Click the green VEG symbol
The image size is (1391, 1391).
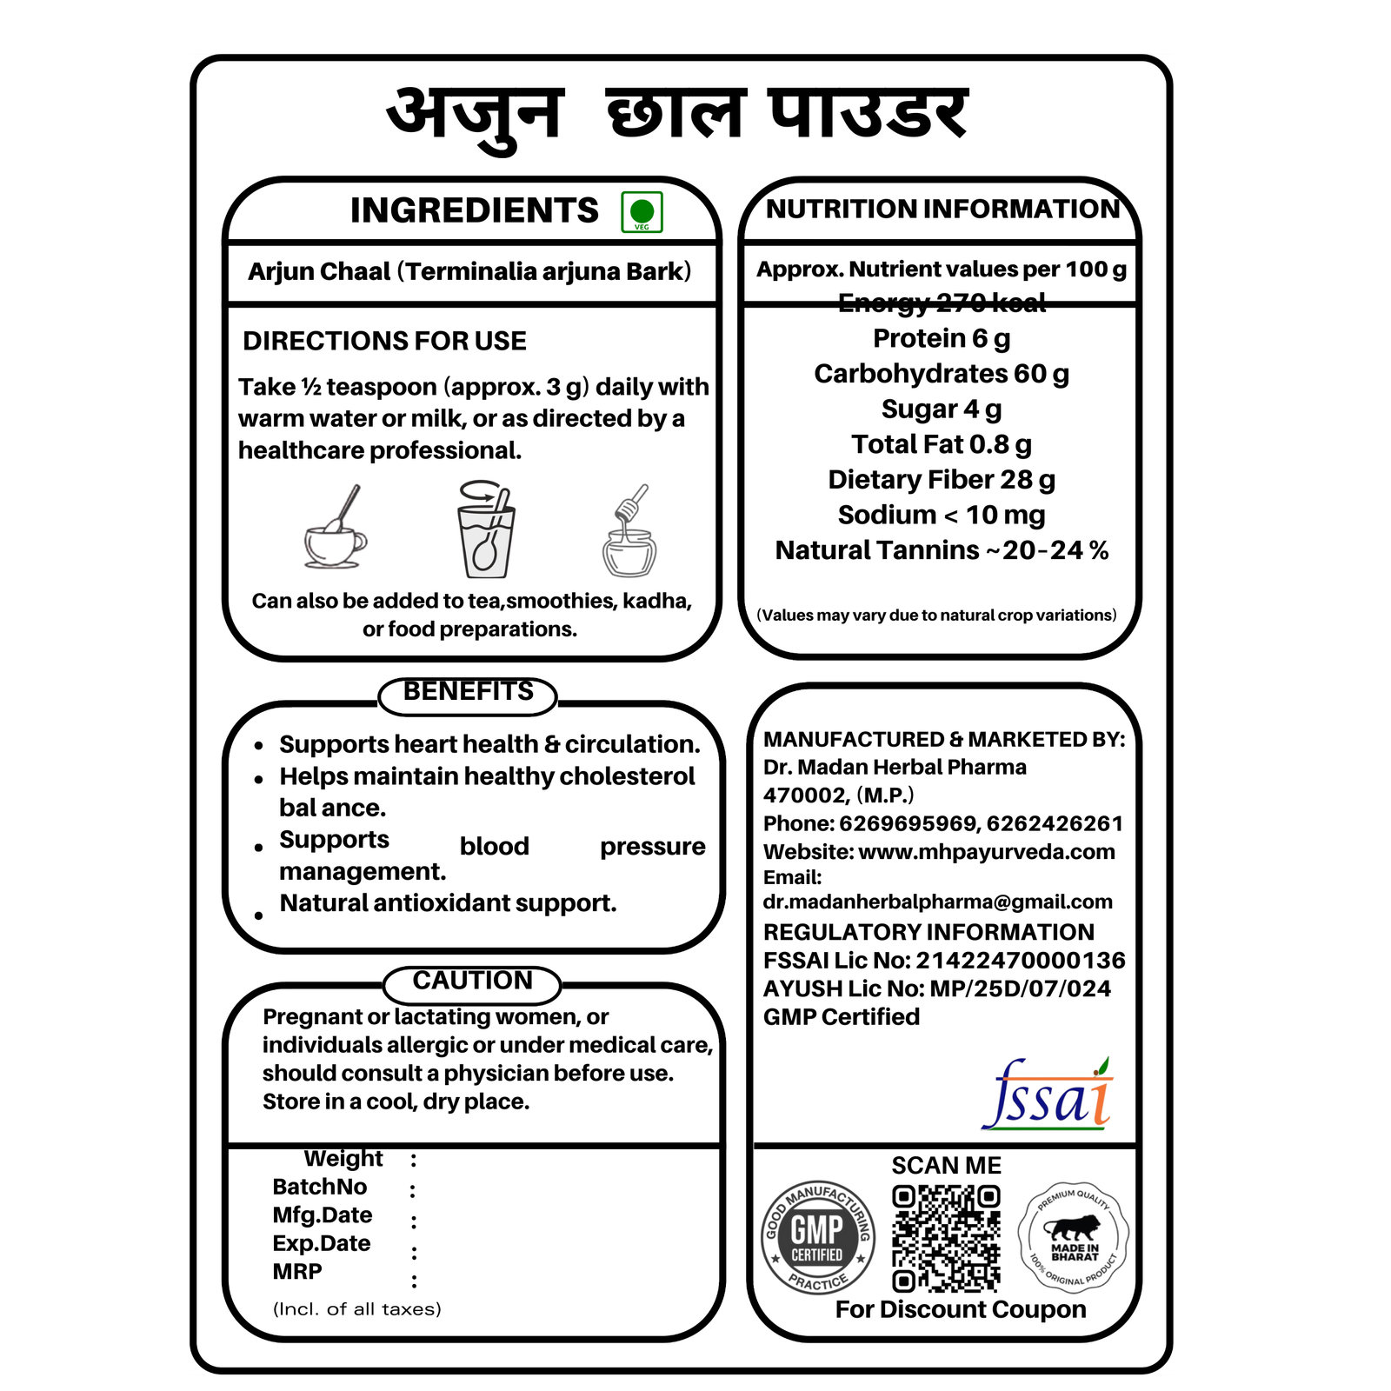642,212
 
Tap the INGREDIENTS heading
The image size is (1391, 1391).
474,210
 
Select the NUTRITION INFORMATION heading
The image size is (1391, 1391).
942,209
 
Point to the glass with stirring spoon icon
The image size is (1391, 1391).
485,529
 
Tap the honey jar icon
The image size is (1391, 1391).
629,532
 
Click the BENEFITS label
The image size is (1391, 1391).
468,692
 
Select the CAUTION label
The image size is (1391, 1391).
472,981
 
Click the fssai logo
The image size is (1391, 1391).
1048,1095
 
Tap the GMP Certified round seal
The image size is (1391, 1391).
817,1236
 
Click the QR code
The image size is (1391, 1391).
946,1238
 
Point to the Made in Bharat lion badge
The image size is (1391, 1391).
1074,1235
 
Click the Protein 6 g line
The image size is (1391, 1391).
942,338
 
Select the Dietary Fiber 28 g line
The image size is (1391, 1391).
942,480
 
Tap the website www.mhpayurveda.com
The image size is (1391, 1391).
986,852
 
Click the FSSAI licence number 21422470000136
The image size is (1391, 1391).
1020,961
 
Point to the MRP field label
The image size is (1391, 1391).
297,1272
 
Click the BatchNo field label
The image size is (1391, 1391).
319,1187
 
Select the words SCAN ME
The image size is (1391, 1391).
946,1166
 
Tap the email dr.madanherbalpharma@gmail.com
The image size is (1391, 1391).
937,902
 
